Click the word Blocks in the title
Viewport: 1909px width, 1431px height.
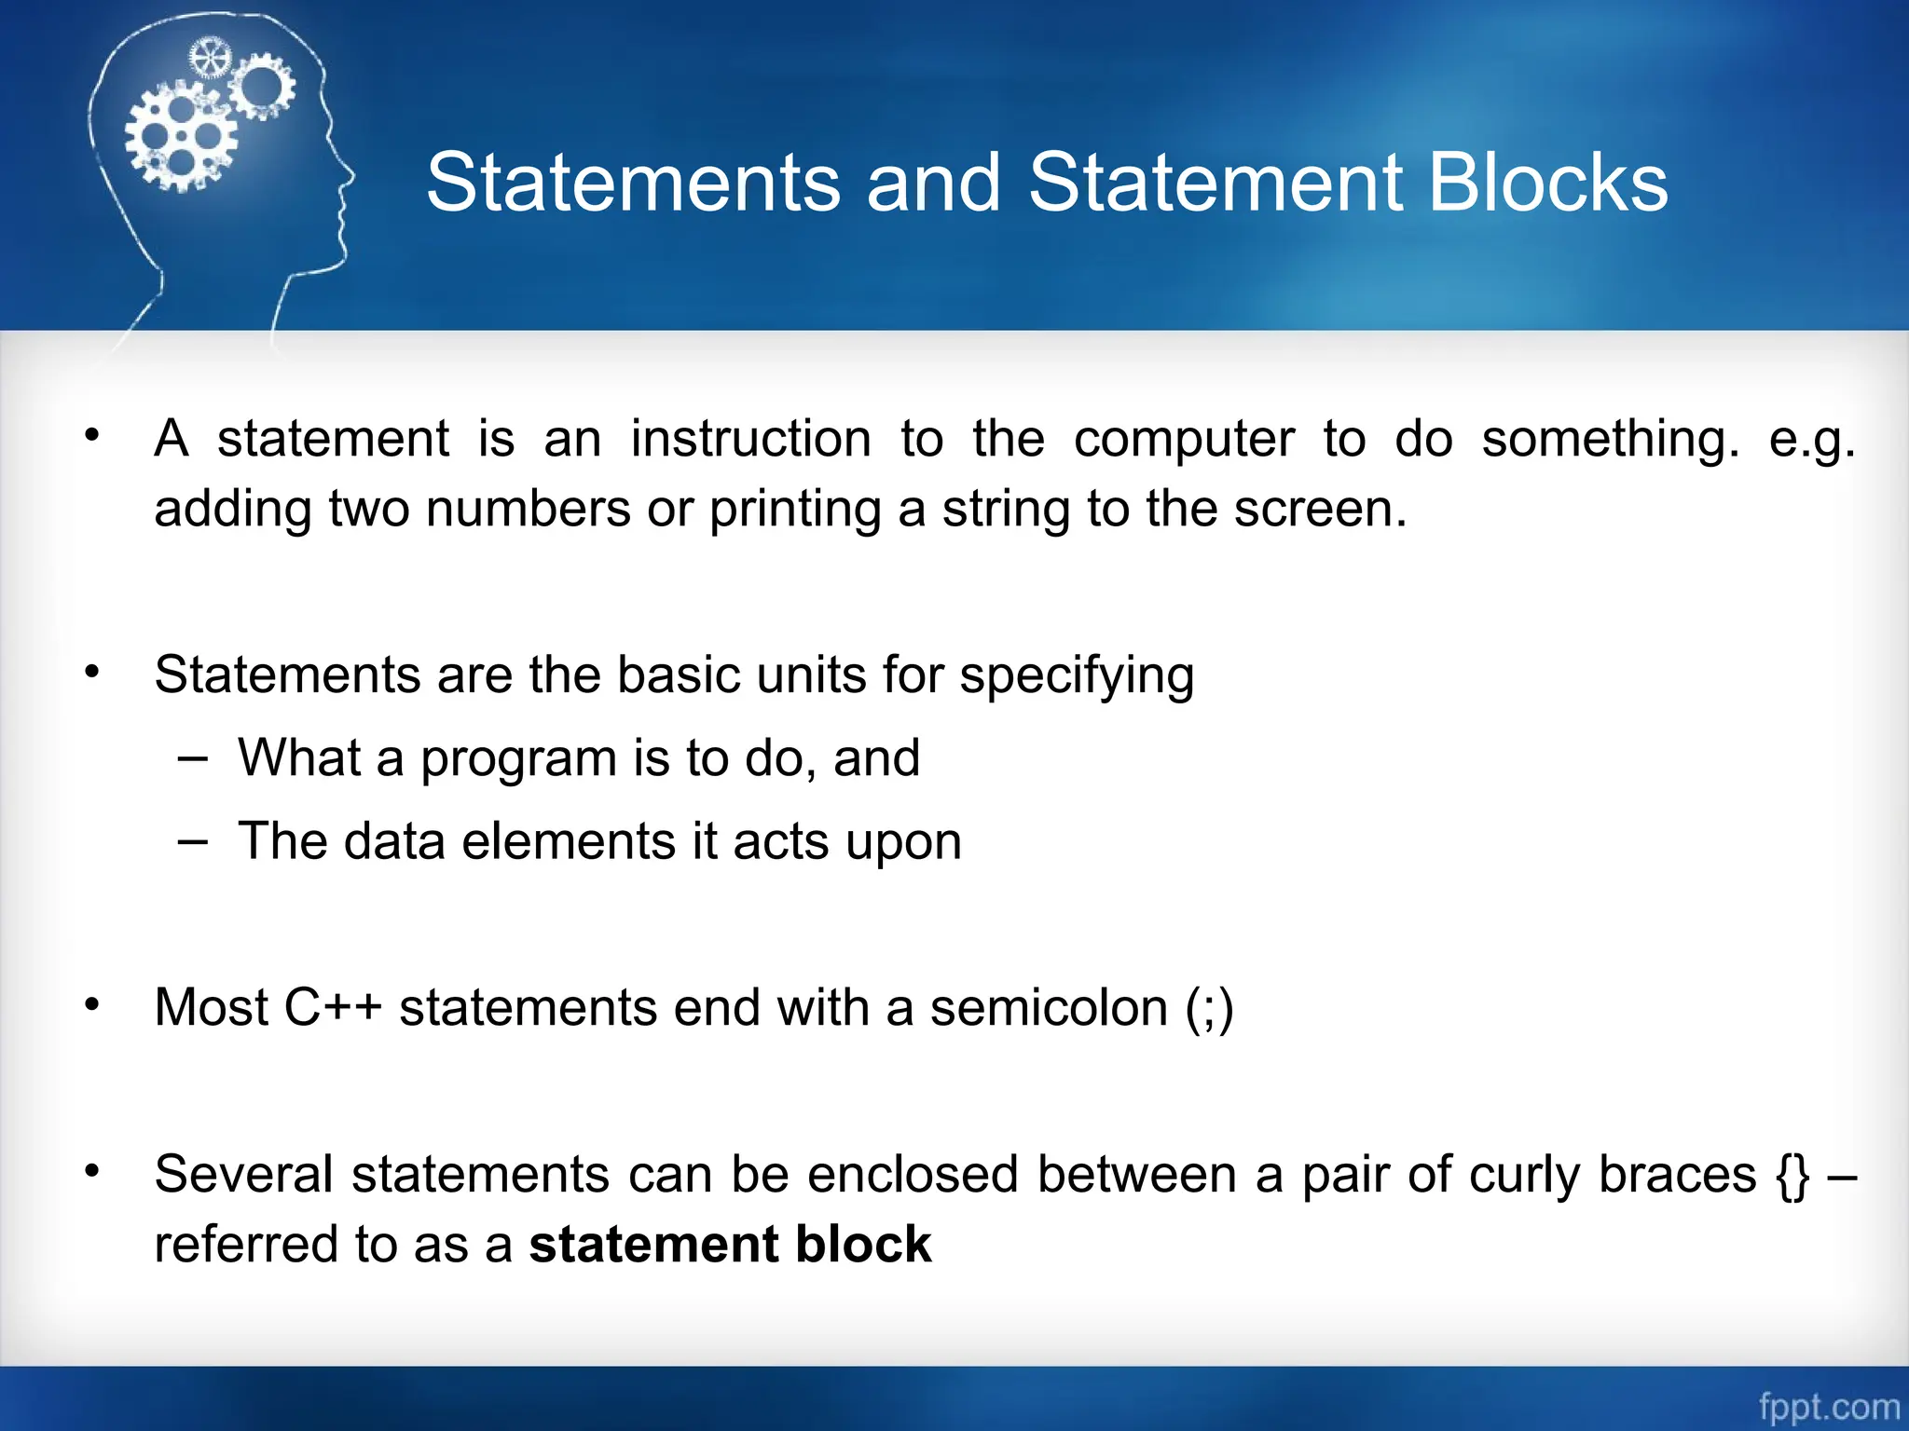(x=1547, y=183)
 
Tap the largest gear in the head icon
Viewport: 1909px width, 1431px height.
(x=179, y=137)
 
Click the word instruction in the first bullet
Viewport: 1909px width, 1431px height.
(x=750, y=439)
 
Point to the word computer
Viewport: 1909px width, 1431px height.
(x=1184, y=440)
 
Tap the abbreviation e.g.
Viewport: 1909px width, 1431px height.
(x=1812, y=440)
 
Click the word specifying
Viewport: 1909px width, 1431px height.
(x=1077, y=675)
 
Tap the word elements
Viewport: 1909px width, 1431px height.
(x=569, y=841)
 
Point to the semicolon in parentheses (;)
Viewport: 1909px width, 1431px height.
(x=1210, y=1009)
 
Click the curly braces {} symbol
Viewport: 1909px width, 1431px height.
(x=1793, y=1175)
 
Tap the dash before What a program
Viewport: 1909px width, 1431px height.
(x=192, y=758)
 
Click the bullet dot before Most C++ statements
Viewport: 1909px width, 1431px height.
(x=91, y=1005)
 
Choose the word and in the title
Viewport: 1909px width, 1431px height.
(x=934, y=183)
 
